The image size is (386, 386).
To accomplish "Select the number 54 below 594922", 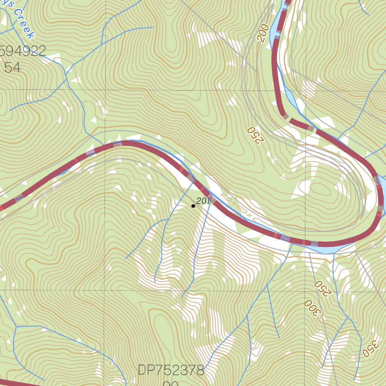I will [12, 67].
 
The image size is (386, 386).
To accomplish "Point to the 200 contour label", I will [263, 32].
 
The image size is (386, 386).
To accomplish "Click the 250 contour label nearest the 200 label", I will [254, 135].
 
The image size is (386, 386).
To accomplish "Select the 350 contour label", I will [370, 349].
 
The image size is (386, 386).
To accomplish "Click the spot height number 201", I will [203, 201].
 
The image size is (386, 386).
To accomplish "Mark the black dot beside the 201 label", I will [193, 206].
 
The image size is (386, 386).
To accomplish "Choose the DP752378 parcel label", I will [171, 370].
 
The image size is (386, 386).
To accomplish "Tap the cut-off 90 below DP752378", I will [171, 383].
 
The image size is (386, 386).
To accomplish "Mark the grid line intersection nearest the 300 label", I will [305, 290].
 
